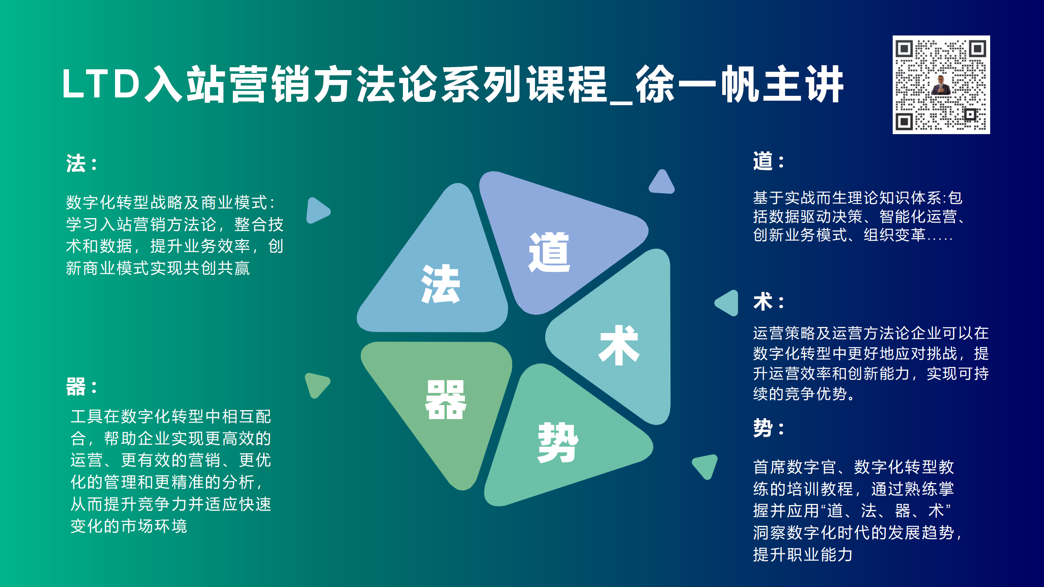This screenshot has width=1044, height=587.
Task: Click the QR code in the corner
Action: tap(941, 85)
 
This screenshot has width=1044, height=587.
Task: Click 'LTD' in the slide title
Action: tap(101, 84)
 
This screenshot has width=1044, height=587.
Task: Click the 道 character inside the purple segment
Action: tap(549, 252)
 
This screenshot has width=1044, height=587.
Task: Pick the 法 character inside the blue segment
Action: tap(440, 284)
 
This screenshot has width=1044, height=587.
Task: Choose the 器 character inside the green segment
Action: tap(446, 399)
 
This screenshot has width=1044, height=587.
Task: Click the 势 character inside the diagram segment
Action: tap(558, 443)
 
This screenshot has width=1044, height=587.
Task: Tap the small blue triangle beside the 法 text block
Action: tap(317, 211)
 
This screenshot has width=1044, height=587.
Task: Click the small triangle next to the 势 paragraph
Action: tap(706, 466)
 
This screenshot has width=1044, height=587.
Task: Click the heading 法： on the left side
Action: tap(82, 164)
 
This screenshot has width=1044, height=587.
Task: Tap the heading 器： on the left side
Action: tap(82, 386)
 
